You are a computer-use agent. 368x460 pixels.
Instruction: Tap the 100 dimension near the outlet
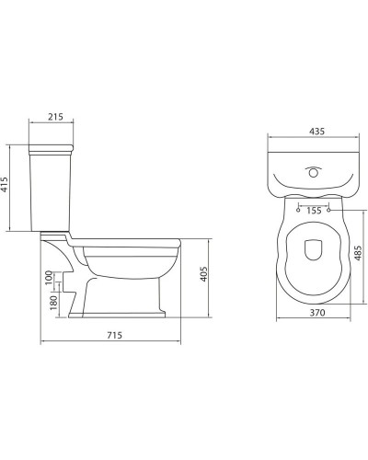tap(49, 277)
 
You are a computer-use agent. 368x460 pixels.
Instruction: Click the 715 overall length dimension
tap(115, 337)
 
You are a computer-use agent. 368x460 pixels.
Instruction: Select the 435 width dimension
tap(315, 132)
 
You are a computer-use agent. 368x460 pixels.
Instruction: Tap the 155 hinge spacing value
tap(315, 211)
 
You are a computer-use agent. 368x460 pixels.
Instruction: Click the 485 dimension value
tap(357, 251)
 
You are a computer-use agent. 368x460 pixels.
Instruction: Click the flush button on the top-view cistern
tap(315, 170)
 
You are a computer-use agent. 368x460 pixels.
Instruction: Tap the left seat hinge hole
tap(300, 210)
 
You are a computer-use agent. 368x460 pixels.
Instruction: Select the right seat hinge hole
tap(330, 210)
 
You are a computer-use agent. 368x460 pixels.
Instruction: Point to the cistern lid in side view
tap(53, 147)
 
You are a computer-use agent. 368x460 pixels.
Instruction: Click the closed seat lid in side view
tap(129, 242)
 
